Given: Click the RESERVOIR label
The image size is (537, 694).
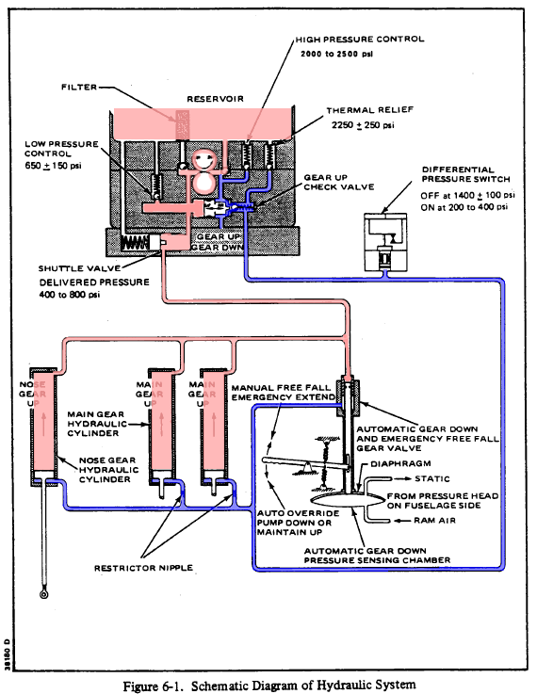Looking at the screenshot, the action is tap(215, 99).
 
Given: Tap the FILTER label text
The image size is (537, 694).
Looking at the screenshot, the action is tap(79, 88).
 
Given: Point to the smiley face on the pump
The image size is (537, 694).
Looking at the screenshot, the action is tap(203, 160).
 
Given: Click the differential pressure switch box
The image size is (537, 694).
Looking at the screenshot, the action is tap(385, 242).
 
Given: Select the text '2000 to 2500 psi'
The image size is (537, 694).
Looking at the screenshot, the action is tap(337, 54).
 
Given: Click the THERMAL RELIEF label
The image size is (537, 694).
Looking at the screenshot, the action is tap(370, 110).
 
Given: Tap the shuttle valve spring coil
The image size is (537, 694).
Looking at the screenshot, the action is tap(135, 243).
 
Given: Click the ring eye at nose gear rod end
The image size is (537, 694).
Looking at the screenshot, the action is tap(44, 594).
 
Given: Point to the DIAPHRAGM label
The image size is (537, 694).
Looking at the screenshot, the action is tap(400, 463).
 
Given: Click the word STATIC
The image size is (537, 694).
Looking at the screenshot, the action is tap(432, 478).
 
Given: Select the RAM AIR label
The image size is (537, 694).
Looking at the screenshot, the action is tap(434, 521).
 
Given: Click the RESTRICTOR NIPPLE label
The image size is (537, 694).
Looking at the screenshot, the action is tap(143, 568).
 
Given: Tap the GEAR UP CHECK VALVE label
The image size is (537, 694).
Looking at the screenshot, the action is tap(339, 182).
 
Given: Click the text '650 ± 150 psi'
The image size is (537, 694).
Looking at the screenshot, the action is tap(53, 166).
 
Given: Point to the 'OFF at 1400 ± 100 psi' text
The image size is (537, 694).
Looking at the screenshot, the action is tap(468, 195).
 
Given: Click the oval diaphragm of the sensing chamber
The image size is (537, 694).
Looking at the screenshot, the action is tap(349, 499).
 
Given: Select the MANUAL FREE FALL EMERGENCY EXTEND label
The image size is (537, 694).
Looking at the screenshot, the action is tap(284, 393).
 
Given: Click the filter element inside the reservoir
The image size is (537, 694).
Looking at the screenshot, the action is tap(183, 125).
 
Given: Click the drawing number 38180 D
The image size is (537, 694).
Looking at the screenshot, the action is tap(7, 654).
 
